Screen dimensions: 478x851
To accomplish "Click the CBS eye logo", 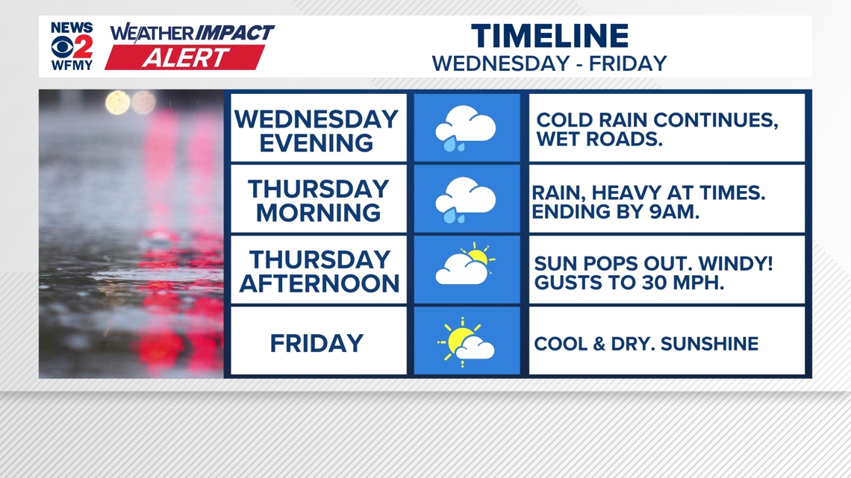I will point(63,47).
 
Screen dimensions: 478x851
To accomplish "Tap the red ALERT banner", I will point(184,57).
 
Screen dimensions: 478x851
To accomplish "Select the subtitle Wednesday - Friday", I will point(549,63).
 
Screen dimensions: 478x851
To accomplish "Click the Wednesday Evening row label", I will point(317,130).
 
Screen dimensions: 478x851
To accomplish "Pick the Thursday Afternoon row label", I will point(319,271).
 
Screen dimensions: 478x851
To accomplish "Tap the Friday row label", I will point(317,343).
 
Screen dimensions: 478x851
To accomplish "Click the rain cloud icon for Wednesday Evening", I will point(466,128).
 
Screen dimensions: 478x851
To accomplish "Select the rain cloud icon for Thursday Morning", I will point(466,199).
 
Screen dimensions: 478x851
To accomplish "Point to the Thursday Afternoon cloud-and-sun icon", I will point(466,265).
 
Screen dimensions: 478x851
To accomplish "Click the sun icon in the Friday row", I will point(458,339).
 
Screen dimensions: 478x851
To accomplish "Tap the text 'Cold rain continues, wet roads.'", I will point(657,129).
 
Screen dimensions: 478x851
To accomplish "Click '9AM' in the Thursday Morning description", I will point(676,212).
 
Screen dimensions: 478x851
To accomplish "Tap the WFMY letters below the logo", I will point(72,65).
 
